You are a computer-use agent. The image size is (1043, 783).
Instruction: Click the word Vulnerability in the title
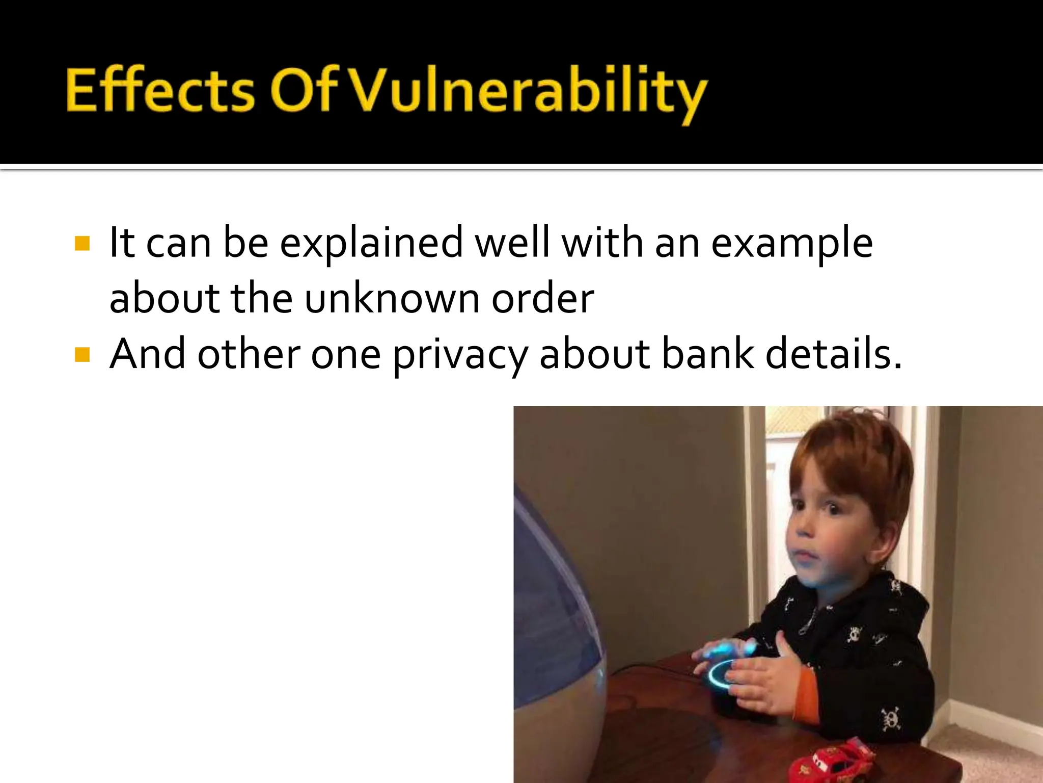coord(527,92)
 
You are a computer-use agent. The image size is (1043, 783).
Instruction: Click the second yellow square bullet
coord(82,354)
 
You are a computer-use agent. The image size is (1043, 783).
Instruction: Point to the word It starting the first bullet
coord(122,243)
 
